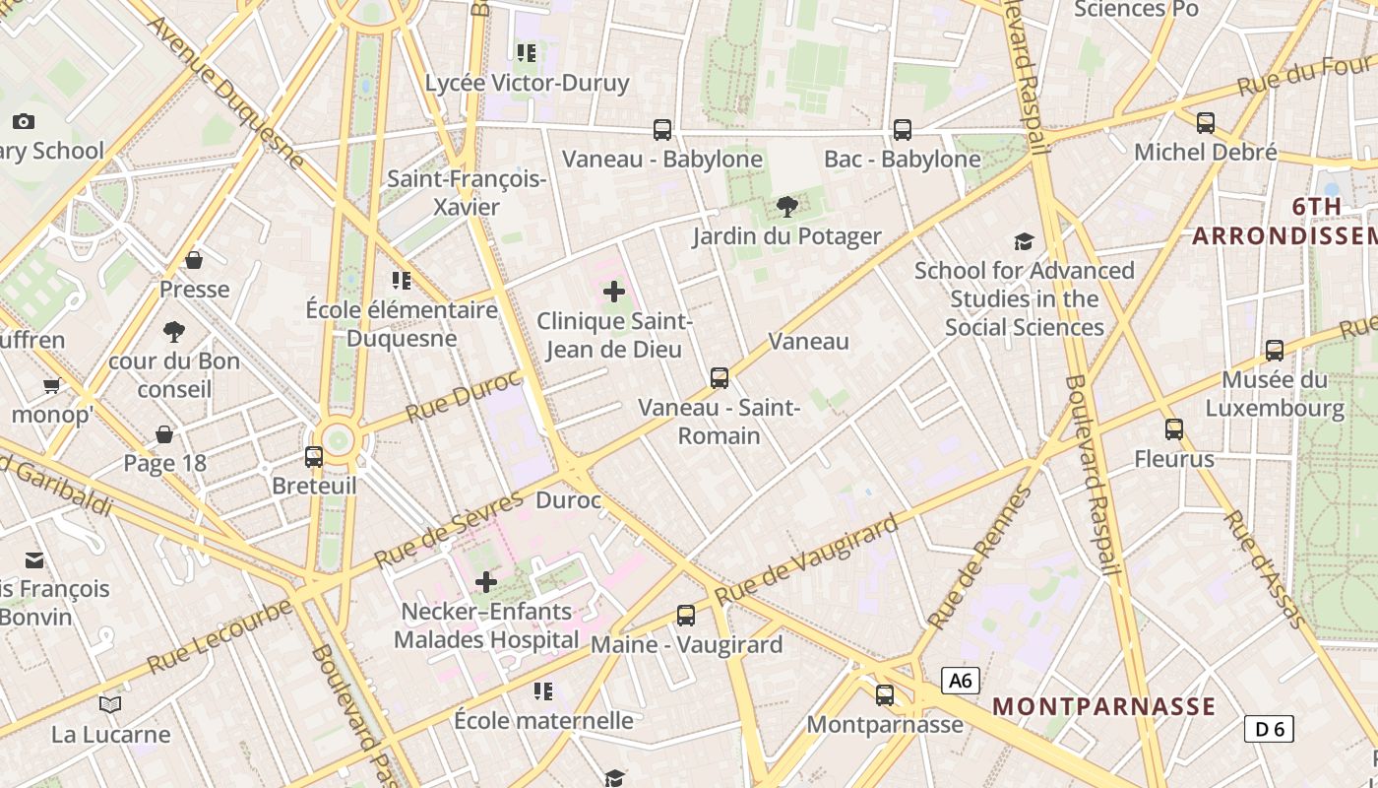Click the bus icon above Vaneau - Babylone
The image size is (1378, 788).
(662, 129)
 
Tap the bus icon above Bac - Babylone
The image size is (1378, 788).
(902, 129)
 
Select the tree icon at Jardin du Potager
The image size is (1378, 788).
(786, 206)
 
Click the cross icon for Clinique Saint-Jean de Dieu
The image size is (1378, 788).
(614, 291)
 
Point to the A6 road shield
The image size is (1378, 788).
(960, 680)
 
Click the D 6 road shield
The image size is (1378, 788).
(1268, 729)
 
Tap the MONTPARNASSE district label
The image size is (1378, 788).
(1103, 706)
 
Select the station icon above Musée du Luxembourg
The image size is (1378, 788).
(1275, 350)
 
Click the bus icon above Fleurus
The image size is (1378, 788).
(1173, 428)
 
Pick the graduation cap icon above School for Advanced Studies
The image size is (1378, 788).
(1024, 241)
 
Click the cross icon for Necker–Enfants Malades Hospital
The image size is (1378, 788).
(485, 582)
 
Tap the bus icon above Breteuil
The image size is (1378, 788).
(314, 456)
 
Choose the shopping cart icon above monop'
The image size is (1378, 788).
(51, 385)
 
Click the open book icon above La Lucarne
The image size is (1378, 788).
(110, 704)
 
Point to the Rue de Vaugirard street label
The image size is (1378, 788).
(806, 559)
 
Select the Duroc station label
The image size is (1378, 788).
(568, 500)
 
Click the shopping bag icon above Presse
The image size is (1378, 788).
(194, 260)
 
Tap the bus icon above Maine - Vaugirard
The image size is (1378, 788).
(686, 616)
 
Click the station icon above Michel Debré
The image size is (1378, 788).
(1205, 123)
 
